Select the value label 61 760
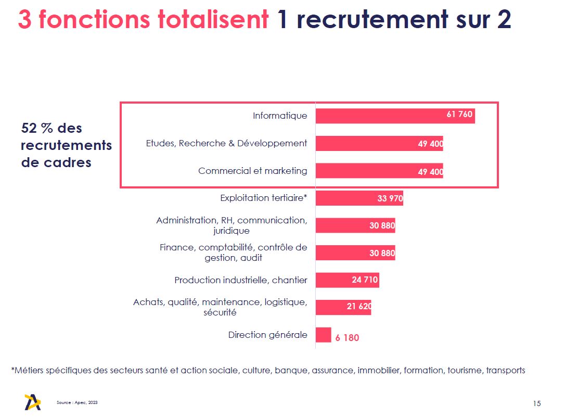(x=459, y=115)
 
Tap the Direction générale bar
(x=323, y=335)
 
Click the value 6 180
(x=347, y=337)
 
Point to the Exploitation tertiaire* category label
(x=263, y=198)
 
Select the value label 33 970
(x=390, y=198)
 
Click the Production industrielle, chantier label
(x=240, y=280)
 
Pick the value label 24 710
(x=365, y=280)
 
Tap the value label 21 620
(x=359, y=307)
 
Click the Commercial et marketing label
(x=252, y=171)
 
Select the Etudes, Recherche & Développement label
(x=226, y=143)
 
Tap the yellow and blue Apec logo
(x=32, y=402)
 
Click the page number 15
(x=537, y=403)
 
